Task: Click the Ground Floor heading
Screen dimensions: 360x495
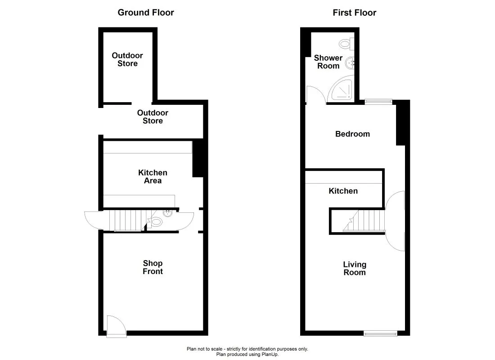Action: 145,13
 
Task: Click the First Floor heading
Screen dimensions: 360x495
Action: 354,13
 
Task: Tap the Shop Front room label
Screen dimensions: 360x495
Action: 153,267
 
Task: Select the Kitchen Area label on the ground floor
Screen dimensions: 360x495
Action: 153,177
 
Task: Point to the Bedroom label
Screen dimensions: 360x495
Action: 352,134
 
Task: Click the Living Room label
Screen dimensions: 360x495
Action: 355,268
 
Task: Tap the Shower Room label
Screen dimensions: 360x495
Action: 328,62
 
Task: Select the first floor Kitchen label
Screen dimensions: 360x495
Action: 343,191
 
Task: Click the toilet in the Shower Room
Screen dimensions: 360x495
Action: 346,44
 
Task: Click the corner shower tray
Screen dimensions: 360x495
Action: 342,90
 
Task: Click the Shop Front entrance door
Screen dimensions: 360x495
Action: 113,325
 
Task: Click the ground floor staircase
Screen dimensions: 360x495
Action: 126,221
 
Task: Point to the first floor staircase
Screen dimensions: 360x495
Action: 364,221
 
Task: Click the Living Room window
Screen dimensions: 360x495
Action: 380,333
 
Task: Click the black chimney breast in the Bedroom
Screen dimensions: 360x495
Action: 402,123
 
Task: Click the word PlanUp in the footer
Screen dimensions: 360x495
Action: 270,355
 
